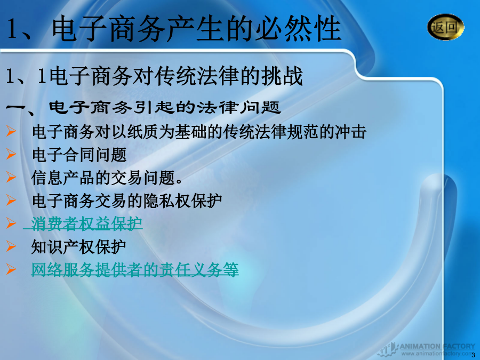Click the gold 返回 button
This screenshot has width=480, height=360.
pos(445,27)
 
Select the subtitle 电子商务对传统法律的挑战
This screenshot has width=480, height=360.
pos(176,76)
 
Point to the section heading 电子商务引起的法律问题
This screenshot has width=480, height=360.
pos(165,107)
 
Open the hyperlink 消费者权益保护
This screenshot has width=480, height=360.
pos(86,223)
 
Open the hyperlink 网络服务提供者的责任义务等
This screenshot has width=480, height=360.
pos(135,269)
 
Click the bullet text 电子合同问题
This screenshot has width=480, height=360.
pos(79,154)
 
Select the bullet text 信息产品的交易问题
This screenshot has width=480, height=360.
pos(107,178)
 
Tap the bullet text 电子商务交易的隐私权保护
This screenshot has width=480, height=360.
pos(127,201)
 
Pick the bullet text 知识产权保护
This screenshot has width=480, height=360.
pos(79,246)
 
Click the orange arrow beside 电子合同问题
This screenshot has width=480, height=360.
pos(11,154)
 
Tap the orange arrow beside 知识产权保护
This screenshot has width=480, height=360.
pos(11,246)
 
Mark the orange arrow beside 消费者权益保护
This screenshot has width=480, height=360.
pos(11,223)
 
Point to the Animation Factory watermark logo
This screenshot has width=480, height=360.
pos(427,349)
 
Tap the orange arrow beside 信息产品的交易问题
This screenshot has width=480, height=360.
pos(11,177)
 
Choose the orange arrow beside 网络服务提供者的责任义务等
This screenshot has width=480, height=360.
pos(11,269)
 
